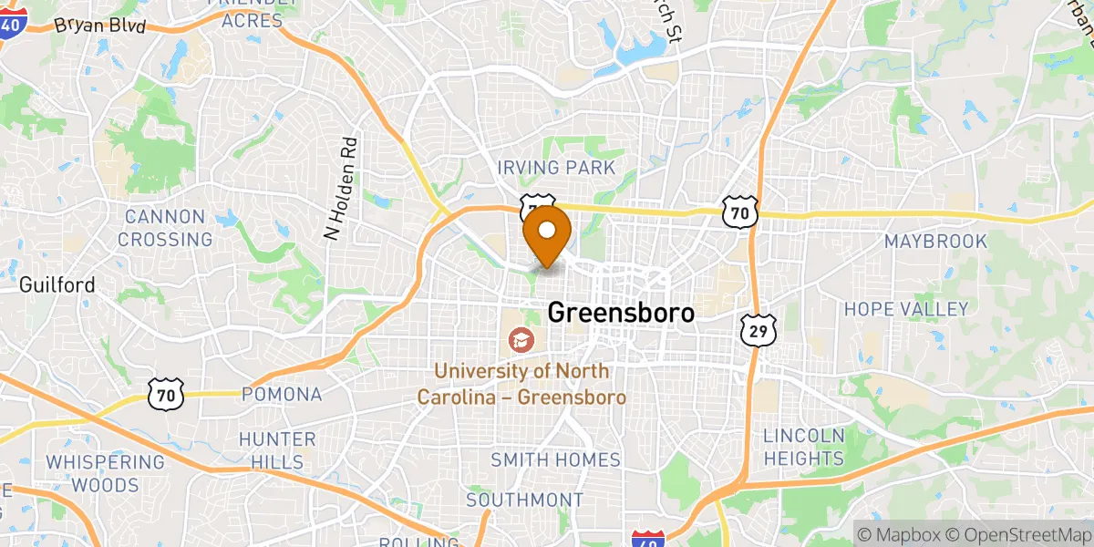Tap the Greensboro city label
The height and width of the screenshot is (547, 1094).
pyautogui.click(x=621, y=313)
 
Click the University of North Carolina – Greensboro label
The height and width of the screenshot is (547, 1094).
pyautogui.click(x=521, y=385)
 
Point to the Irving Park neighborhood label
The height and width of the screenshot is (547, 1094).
pyautogui.click(x=556, y=168)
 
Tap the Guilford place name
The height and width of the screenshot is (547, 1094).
pyautogui.click(x=57, y=285)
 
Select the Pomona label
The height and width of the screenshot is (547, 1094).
pyautogui.click(x=282, y=395)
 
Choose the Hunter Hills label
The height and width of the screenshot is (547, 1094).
pyautogui.click(x=277, y=450)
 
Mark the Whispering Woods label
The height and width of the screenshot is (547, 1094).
pyautogui.click(x=106, y=472)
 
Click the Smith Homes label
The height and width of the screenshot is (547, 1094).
pyautogui.click(x=555, y=460)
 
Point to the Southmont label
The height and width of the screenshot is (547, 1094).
pyautogui.click(x=524, y=500)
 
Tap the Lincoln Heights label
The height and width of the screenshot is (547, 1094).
pyautogui.click(x=804, y=447)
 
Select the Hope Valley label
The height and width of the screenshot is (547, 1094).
pyautogui.click(x=905, y=309)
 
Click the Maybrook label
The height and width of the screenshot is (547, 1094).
pyautogui.click(x=935, y=242)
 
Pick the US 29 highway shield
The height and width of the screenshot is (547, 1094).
pyautogui.click(x=759, y=330)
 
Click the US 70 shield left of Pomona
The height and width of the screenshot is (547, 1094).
pyautogui.click(x=166, y=394)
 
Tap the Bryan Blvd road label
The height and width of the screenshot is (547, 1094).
pyautogui.click(x=100, y=26)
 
